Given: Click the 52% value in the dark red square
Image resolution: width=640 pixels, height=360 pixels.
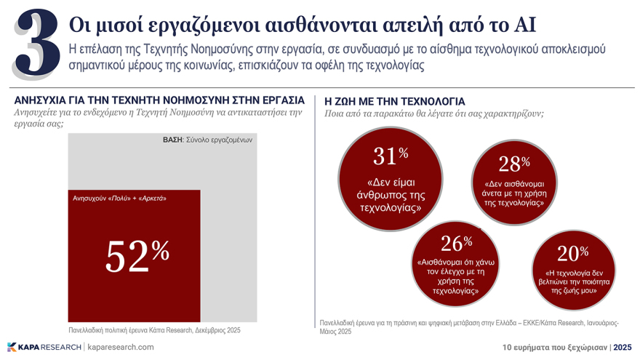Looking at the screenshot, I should [137, 255].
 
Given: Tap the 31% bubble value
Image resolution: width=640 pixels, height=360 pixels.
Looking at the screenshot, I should [391, 155].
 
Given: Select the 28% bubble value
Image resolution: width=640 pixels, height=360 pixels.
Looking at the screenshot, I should [514, 164].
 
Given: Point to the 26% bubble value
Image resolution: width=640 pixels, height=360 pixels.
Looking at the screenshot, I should [456, 243].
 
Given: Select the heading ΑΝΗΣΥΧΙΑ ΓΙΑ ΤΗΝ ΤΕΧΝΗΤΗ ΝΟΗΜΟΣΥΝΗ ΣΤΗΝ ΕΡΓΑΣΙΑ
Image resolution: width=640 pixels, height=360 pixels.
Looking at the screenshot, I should [159, 100].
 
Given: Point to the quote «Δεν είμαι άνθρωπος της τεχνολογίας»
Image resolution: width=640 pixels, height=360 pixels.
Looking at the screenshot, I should [391, 195].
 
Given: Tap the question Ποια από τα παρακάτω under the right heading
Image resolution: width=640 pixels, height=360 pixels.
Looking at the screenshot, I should [433, 114].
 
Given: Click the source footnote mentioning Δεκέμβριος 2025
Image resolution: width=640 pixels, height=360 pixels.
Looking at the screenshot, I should [154, 331].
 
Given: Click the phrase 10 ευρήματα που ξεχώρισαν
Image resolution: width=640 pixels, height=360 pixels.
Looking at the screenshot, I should [555, 348].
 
